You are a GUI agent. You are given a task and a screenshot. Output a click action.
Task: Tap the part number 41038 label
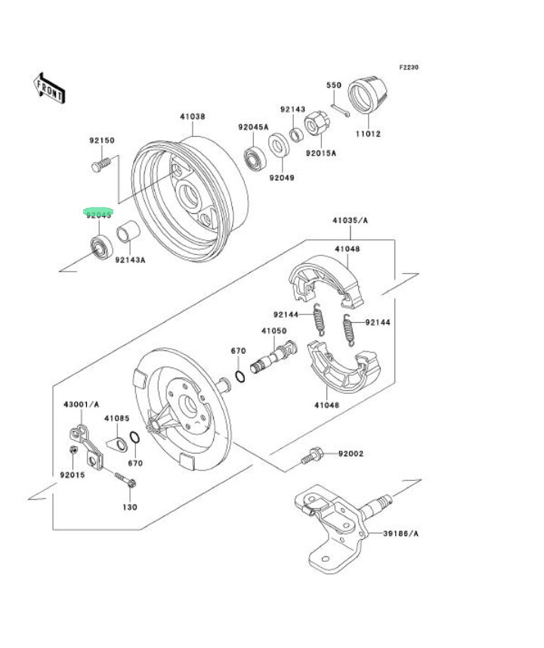click(193, 117)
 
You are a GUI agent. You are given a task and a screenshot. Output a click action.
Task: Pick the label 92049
click(283, 178)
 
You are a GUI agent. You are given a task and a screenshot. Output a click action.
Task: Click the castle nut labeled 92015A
click(315, 124)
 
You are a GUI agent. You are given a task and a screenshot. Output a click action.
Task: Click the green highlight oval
click(98, 212)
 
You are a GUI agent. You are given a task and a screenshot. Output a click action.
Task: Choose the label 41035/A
click(350, 221)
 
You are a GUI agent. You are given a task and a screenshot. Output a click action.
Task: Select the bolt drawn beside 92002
click(311, 457)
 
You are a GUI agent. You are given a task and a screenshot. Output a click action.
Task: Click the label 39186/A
click(401, 534)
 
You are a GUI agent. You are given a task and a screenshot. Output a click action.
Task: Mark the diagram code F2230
click(409, 67)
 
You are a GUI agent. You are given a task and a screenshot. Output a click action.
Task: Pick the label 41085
click(117, 418)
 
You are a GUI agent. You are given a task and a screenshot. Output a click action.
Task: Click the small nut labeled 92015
click(73, 451)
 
